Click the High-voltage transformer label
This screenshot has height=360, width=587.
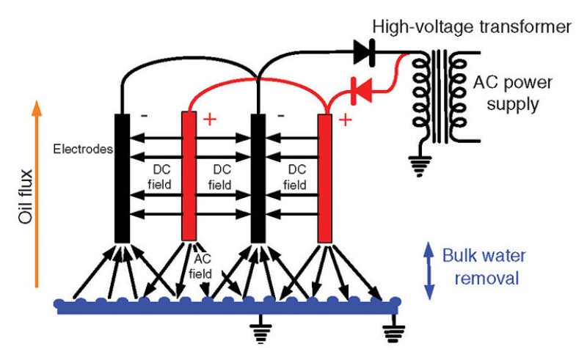[x=471, y=27]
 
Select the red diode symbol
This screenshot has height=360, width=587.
[x=360, y=89]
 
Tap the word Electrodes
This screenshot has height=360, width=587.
[x=81, y=150]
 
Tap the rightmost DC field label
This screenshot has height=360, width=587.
[x=296, y=177]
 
